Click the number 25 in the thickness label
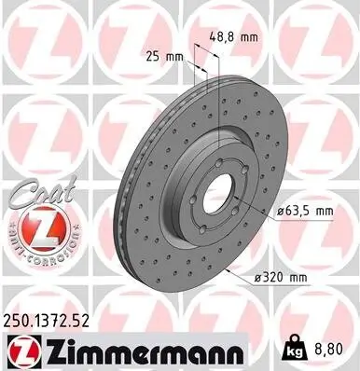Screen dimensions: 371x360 tap(152, 56)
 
